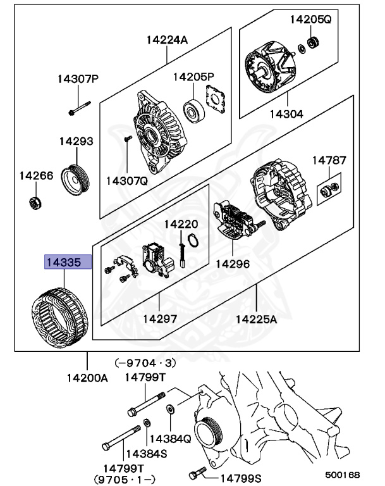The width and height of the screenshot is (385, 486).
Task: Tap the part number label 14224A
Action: coord(168,40)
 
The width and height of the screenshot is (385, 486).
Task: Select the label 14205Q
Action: coord(310,20)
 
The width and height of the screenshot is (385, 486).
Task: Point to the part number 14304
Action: coord(286,115)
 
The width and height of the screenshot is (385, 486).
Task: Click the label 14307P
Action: coord(78,79)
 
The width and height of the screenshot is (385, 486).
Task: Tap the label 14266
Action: coord(36,175)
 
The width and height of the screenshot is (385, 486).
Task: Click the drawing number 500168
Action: coord(343,474)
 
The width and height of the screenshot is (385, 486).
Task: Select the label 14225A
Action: coord(257,320)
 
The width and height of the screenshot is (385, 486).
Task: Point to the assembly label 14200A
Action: coord(88,378)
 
